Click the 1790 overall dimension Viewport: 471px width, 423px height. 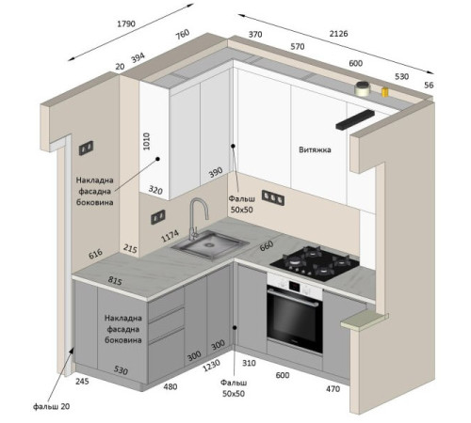click(x=126, y=23)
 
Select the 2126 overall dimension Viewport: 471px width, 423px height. click(x=338, y=34)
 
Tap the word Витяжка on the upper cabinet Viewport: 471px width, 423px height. click(x=315, y=149)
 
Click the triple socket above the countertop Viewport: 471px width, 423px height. click(x=273, y=197)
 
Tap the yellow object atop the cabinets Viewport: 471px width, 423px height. click(x=384, y=92)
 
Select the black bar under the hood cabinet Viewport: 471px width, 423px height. click(x=355, y=119)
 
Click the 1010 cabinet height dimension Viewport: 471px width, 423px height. click(x=146, y=141)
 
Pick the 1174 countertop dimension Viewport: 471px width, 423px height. click(x=170, y=236)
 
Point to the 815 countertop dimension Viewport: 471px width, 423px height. click(x=115, y=281)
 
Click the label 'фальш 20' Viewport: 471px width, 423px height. click(x=52, y=406)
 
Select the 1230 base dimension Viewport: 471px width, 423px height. click(x=211, y=366)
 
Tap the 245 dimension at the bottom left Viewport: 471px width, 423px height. click(x=82, y=382)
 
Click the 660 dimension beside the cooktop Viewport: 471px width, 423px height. click(x=267, y=246)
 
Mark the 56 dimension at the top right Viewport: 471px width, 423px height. click(x=429, y=85)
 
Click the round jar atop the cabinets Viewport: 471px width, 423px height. click(x=363, y=88)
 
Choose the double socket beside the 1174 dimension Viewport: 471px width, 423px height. click(x=158, y=217)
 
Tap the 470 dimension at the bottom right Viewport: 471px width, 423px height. click(x=333, y=389)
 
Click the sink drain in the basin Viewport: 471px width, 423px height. click(x=209, y=243)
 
